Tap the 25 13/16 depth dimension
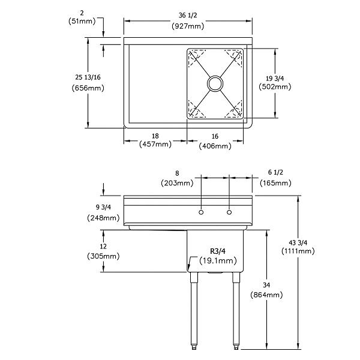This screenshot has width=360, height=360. coord(88,77)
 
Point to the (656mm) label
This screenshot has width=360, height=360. coord(88,88)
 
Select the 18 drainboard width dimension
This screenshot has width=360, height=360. coord(155,136)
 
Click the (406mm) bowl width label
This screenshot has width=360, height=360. coord(214,145)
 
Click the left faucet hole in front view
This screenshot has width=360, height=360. coord(202,212)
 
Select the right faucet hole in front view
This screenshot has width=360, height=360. coord(229,212)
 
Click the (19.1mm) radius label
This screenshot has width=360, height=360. coord(216,261)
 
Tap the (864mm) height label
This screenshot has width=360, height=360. coord(266,295)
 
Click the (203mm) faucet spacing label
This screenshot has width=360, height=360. coord(176,182)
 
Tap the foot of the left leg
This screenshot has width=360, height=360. coord(194,347)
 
